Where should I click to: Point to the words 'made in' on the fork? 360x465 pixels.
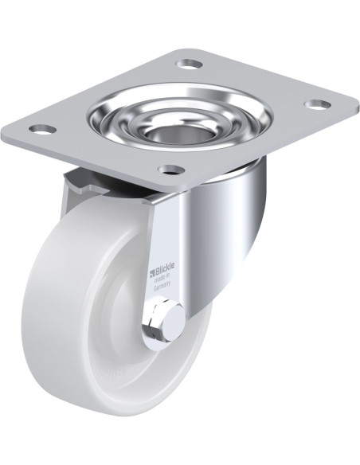[x=162, y=283]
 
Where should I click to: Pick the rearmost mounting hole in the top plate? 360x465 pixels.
[x=188, y=63]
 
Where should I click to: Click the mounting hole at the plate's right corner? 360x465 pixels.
[x=316, y=104]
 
